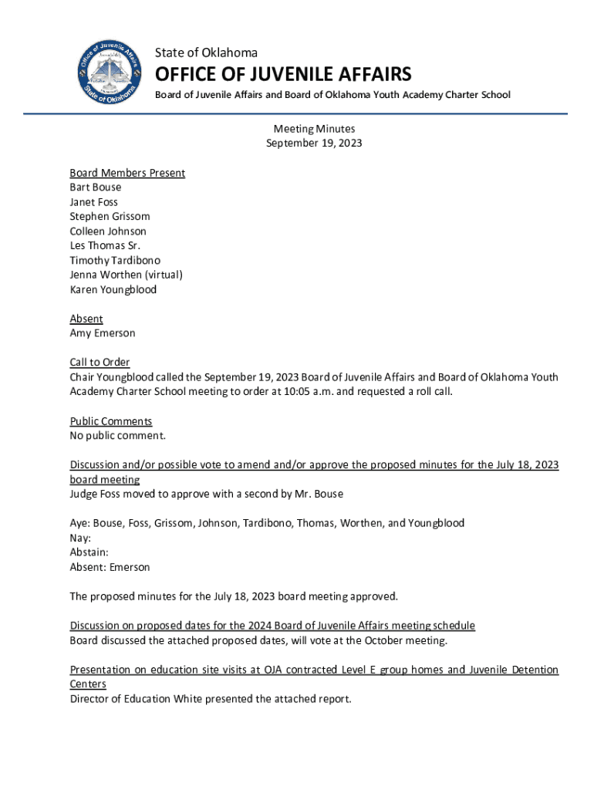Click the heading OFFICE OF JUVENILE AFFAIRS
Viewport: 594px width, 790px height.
point(283,75)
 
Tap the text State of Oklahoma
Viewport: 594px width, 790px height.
point(206,52)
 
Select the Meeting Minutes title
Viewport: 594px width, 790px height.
point(314,129)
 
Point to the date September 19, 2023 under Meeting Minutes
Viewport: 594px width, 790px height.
point(314,143)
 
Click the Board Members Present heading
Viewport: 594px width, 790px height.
point(127,173)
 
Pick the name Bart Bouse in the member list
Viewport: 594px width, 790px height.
point(96,187)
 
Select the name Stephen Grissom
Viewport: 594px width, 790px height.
point(110,217)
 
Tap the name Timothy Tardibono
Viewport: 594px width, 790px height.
point(115,261)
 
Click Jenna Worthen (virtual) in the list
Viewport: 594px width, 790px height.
point(126,275)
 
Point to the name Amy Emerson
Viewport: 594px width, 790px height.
point(103,333)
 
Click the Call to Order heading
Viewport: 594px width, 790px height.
point(100,363)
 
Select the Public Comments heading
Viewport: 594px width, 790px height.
point(111,421)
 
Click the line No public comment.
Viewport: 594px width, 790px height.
point(117,436)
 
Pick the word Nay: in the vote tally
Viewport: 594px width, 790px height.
point(80,538)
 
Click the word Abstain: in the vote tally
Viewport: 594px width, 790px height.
point(89,552)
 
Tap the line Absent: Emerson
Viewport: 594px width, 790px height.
point(110,567)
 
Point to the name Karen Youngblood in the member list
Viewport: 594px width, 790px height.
point(113,290)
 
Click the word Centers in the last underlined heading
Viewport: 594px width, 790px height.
point(88,684)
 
